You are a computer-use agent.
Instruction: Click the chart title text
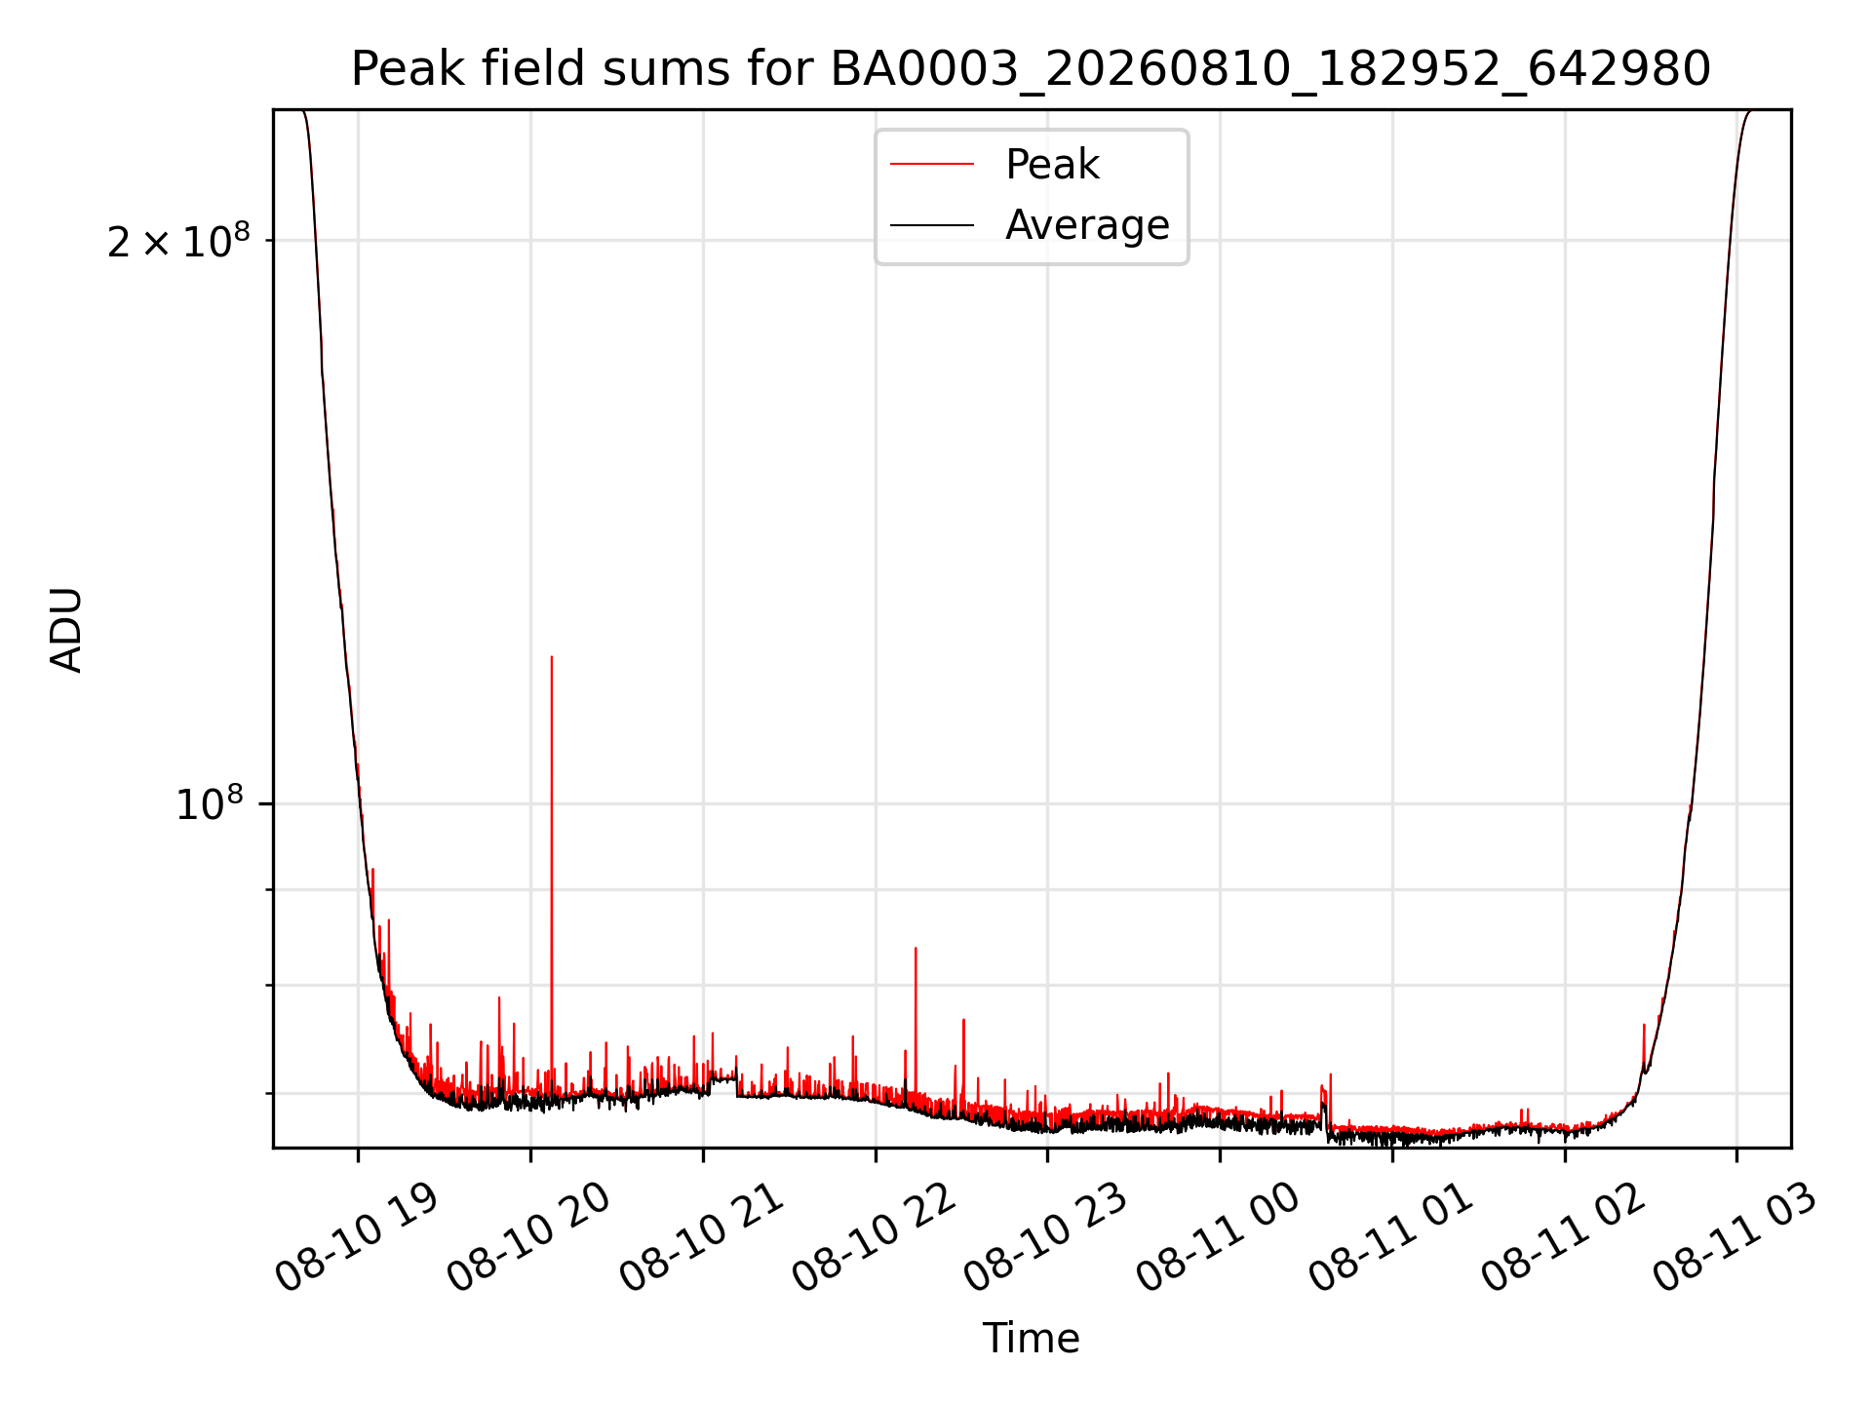click(x=1031, y=69)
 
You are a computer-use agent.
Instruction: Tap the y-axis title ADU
click(x=66, y=629)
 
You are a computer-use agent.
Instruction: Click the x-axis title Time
click(x=1031, y=1338)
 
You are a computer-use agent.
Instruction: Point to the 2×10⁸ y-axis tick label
click(x=178, y=241)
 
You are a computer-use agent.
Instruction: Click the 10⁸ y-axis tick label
click(x=210, y=804)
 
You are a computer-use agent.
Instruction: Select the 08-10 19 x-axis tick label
click(x=356, y=1236)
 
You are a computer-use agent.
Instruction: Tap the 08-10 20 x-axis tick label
click(x=528, y=1236)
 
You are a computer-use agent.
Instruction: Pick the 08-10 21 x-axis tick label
click(x=701, y=1236)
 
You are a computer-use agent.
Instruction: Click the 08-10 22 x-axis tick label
click(x=874, y=1236)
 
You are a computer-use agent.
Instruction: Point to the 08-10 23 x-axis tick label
click(x=1046, y=1236)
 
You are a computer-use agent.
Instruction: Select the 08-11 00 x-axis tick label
click(x=1218, y=1236)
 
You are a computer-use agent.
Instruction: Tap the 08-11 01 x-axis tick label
click(x=1390, y=1236)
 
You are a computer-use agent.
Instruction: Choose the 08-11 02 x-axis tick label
click(x=1563, y=1236)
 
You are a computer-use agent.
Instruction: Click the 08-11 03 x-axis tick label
click(x=1735, y=1236)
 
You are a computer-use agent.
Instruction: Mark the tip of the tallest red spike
click(x=552, y=656)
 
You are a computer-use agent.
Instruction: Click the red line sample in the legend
click(x=932, y=165)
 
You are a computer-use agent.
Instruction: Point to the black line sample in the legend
click(x=932, y=225)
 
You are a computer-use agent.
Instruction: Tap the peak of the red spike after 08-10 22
click(x=916, y=948)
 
